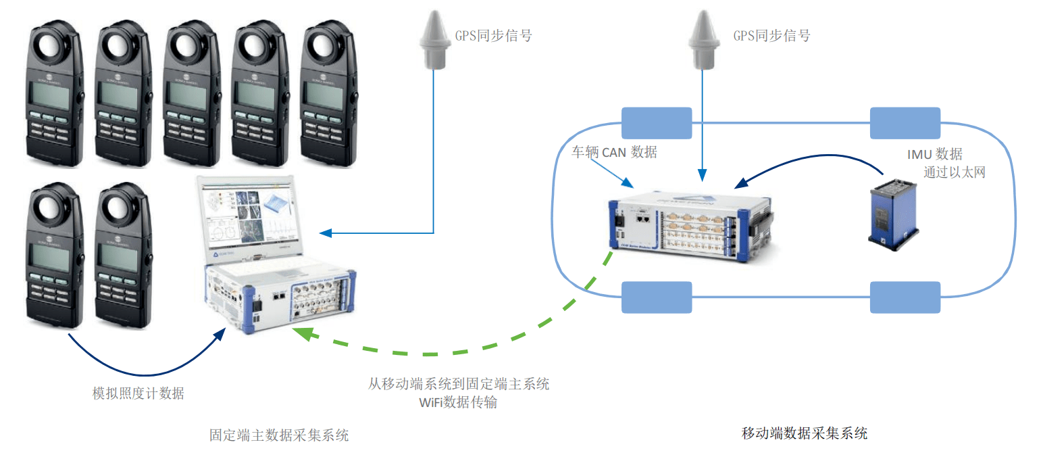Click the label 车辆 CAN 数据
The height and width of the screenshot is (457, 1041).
[x=614, y=152]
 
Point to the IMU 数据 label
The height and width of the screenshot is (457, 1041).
[x=934, y=154]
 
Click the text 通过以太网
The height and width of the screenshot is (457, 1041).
[x=954, y=172]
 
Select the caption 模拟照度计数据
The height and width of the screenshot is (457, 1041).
[x=138, y=393]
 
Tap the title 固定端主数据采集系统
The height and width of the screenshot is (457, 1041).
[x=279, y=435]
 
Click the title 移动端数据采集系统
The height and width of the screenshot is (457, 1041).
[x=804, y=433]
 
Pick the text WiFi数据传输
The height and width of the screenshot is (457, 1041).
[x=459, y=402]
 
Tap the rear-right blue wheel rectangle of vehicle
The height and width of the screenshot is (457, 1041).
[x=905, y=297]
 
